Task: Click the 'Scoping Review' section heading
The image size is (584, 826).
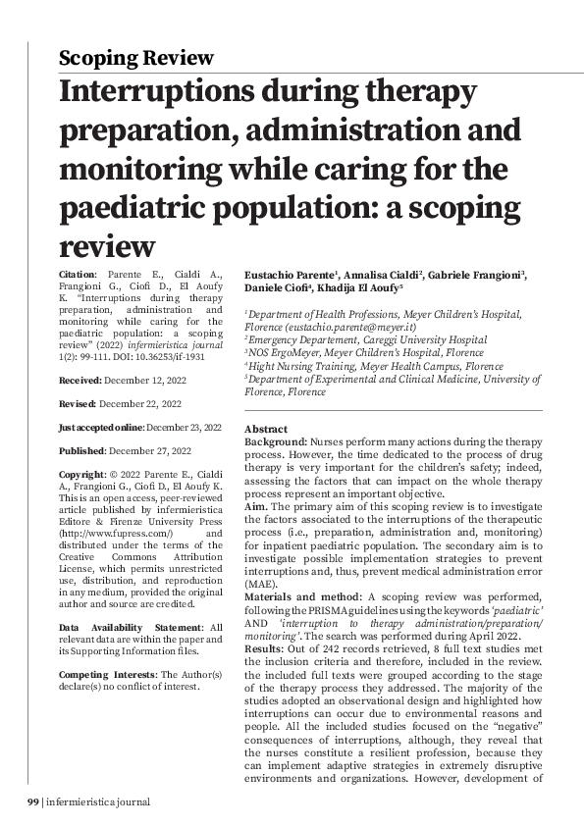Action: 135,58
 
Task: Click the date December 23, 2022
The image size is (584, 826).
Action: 185,427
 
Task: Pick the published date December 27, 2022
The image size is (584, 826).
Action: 149,451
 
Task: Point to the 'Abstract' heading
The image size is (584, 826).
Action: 265,430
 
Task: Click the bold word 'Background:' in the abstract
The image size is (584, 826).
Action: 276,443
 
